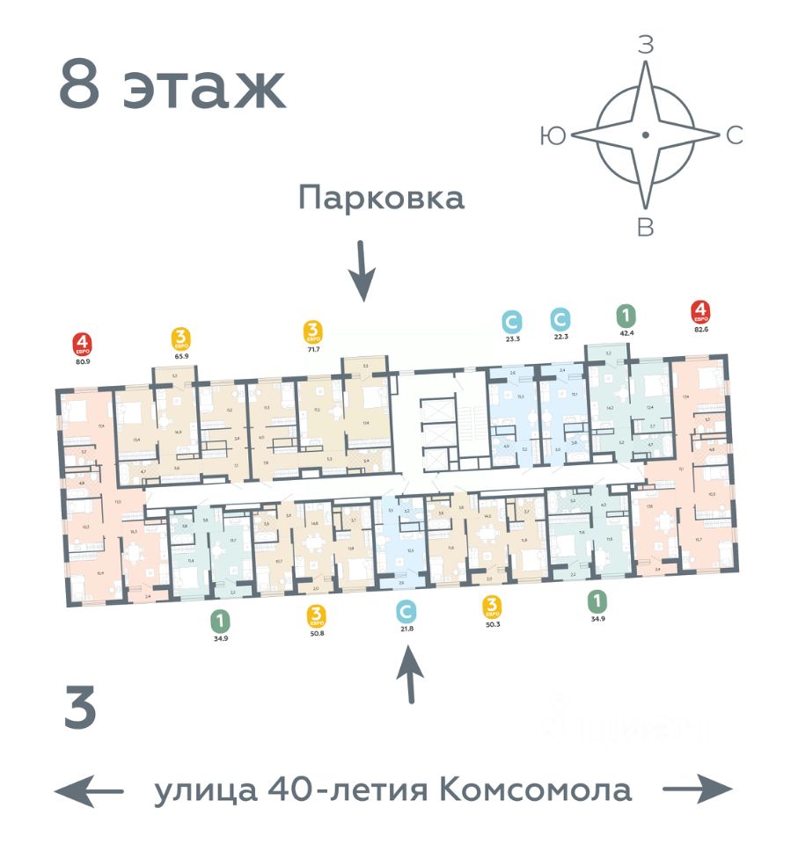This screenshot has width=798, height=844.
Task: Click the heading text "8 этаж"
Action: pos(172,85)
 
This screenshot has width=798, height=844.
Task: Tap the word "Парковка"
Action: pos(381,197)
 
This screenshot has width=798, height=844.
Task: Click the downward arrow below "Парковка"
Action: pos(362,272)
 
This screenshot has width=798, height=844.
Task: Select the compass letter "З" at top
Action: pos(645,45)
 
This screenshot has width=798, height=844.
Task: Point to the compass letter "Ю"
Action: pos(553,135)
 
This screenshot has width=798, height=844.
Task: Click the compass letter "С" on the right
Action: pos(736,135)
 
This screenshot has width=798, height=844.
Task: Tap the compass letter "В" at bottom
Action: pos(645,228)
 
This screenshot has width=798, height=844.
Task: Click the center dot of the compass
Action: pos(645,135)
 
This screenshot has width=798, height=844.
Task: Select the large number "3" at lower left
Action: pos(80,712)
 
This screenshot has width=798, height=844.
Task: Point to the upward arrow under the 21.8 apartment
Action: pos(410,674)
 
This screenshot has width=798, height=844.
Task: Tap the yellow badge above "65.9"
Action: pos(181,338)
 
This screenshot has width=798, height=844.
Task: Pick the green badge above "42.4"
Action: pos(626,316)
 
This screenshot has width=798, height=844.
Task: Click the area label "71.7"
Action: pos(312,350)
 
